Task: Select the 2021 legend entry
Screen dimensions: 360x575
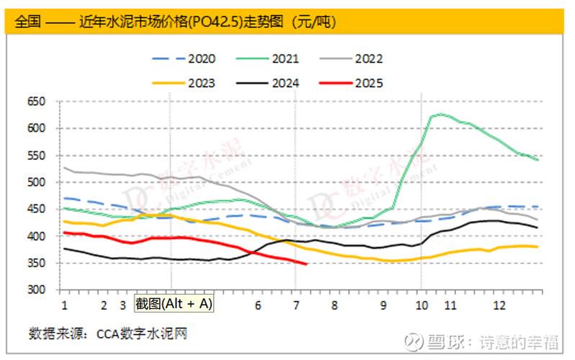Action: click(285, 59)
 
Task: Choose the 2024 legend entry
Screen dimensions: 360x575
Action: click(285, 83)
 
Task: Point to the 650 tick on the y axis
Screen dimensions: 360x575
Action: click(37, 102)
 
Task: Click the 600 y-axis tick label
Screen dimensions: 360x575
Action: click(37, 128)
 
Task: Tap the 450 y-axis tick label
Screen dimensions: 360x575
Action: click(37, 210)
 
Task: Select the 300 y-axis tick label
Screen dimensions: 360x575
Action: click(37, 290)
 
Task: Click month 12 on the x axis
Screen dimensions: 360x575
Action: click(499, 305)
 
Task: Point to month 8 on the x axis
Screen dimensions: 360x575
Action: click(334, 305)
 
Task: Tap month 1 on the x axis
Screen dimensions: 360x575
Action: click(64, 305)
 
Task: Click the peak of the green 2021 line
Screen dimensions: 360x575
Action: click(438, 114)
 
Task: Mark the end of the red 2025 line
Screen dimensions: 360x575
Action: click(306, 264)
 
